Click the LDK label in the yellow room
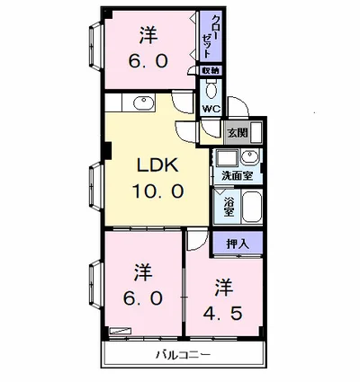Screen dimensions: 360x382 pos(157,164)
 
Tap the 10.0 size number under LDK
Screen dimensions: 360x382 pos(157,191)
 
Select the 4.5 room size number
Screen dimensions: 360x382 pos(222,314)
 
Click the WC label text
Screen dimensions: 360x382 pos(211,109)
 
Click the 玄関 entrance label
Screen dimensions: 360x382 pos(238,133)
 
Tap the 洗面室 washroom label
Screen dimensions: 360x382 pos(237,176)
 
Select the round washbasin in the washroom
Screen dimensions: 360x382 pos(250,156)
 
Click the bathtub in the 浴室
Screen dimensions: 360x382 pos(252,208)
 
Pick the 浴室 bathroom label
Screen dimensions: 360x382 pos(229,206)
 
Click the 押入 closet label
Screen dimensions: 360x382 pos(238,244)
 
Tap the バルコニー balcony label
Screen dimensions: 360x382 pos(183,355)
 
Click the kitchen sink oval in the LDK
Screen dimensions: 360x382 pos(143,102)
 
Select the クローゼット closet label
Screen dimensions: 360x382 pos(211,36)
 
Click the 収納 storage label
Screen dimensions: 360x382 pos(211,71)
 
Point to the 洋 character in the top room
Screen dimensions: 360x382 pos(148,35)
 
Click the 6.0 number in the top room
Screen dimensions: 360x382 pos(148,61)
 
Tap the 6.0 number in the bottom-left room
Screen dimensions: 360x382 pos(143,298)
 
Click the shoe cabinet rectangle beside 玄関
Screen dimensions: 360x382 pos(256,132)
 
